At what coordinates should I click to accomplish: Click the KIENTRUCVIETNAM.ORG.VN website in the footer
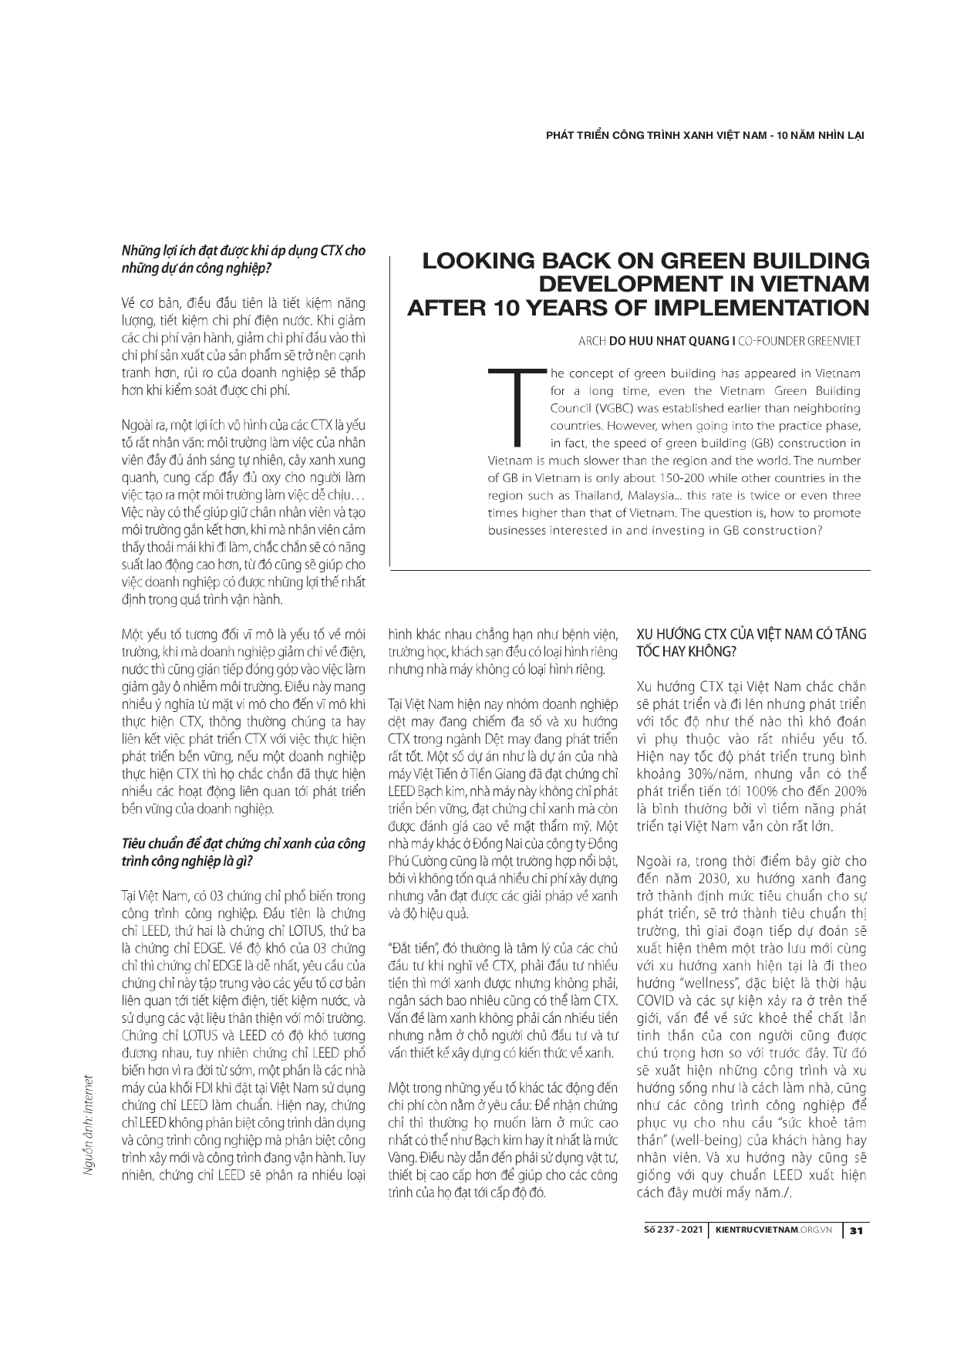773,1231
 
